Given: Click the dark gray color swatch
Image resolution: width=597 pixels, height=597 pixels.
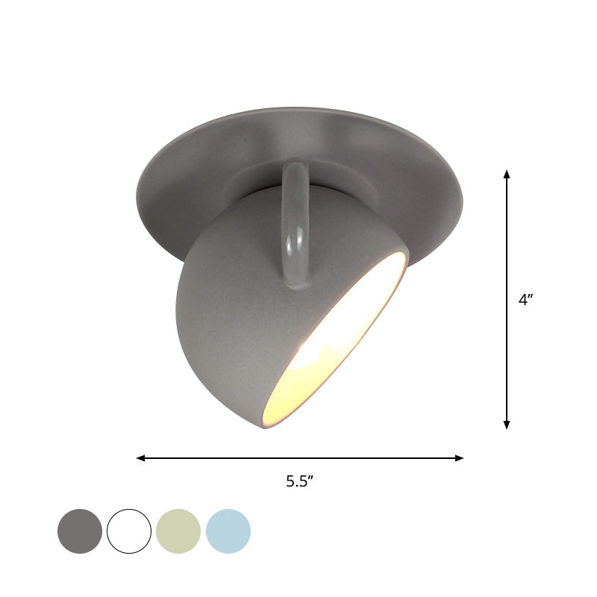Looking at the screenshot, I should tap(80, 531).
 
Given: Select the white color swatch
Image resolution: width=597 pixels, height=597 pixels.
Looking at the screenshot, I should tap(129, 531).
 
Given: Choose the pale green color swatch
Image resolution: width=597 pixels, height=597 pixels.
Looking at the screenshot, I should tap(178, 531).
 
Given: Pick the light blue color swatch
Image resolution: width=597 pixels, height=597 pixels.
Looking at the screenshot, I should tap(228, 531).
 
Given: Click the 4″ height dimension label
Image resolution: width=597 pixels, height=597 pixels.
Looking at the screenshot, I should tap(526, 300).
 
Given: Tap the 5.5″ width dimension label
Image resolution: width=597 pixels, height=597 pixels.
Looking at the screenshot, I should tap(299, 481).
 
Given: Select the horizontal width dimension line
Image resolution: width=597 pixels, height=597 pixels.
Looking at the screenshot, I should tap(224, 458).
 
